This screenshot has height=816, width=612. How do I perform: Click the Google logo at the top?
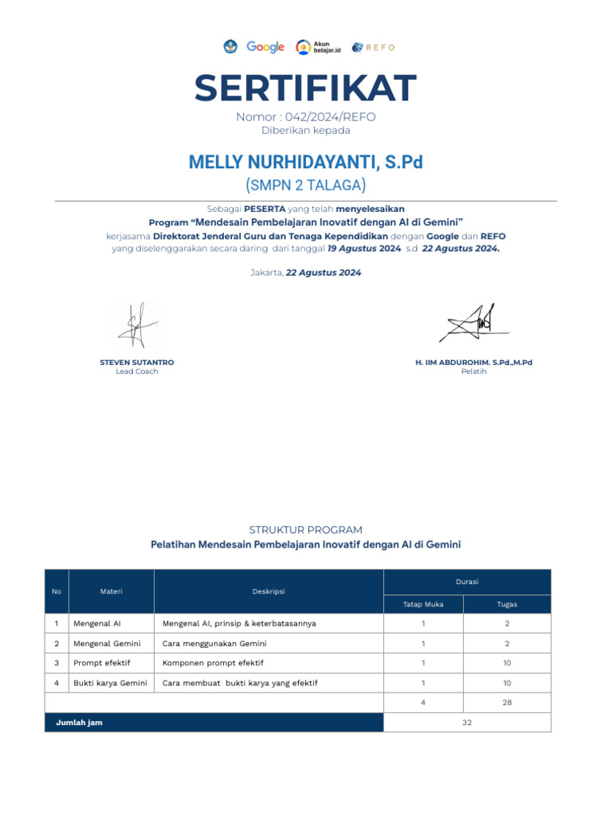coord(265,47)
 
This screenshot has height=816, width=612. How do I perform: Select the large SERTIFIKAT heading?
coord(306,88)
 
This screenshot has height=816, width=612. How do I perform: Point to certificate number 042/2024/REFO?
coord(306,117)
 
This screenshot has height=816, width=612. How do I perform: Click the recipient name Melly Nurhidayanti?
coord(306,163)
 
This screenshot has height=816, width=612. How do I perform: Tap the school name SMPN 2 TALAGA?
coord(306,186)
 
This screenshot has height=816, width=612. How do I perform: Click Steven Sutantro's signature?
coord(137,325)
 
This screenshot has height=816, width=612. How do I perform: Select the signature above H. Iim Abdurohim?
coord(473,324)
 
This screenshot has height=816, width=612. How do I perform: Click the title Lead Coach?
coord(137,371)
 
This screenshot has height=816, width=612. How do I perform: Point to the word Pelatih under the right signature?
coord(473,371)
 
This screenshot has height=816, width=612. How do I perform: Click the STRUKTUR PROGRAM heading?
coord(306,530)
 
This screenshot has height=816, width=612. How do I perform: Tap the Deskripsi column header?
coord(269,591)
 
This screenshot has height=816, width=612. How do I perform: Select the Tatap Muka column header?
coord(423,604)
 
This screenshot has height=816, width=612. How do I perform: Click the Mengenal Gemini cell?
coord(107,643)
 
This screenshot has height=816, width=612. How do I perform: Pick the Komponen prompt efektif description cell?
coord(213,663)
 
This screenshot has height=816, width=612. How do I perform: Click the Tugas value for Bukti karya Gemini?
coord(507,683)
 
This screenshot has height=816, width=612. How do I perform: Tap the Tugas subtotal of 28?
coord(507,702)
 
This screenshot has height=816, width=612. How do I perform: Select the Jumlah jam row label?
coord(79,722)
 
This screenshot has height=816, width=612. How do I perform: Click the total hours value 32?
coord(467,722)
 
